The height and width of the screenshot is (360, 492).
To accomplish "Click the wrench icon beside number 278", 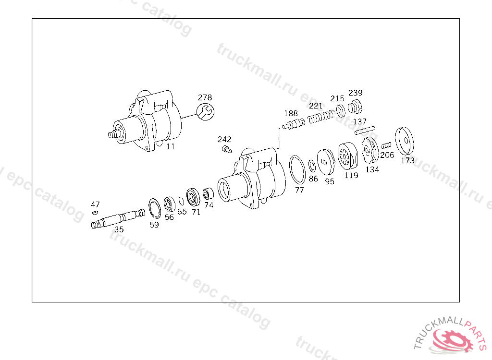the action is (206, 112).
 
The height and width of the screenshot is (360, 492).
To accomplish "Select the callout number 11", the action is (171, 146).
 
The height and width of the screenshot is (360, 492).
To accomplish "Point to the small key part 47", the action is (95, 213).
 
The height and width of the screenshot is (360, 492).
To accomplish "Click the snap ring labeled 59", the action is (155, 208).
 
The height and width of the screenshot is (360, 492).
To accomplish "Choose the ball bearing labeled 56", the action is (170, 204).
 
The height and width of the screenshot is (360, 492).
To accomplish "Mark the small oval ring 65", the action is (181, 201).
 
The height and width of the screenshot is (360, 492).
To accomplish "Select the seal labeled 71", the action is (193, 197).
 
